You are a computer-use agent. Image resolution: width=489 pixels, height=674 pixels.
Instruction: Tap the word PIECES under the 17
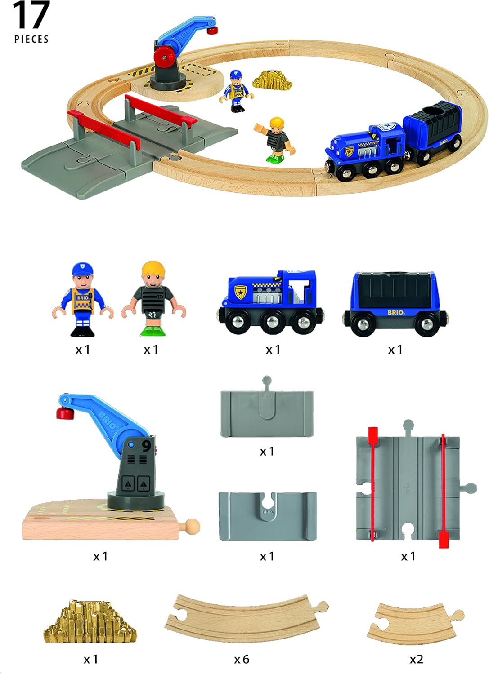[x=31, y=40]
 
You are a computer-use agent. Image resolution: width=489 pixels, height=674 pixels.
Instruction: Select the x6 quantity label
[x=242, y=659]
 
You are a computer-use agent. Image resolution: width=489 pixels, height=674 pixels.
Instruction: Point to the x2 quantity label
[x=416, y=659]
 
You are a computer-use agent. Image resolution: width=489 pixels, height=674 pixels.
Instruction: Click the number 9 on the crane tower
[x=146, y=446]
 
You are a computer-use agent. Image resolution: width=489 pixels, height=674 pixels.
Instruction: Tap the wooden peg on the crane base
[x=192, y=525]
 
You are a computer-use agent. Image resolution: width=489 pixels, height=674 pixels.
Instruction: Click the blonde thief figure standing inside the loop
[x=274, y=139]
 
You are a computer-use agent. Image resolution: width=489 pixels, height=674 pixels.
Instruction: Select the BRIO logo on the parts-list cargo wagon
[x=395, y=312]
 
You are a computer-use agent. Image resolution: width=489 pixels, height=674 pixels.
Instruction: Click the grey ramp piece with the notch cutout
[x=267, y=516]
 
